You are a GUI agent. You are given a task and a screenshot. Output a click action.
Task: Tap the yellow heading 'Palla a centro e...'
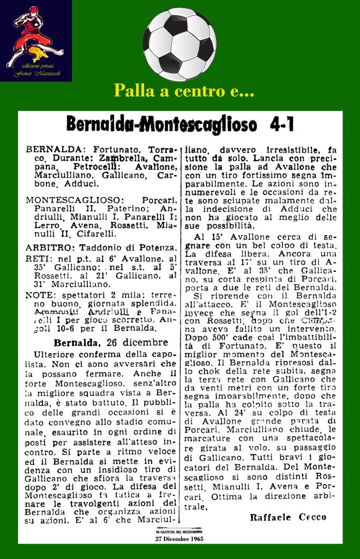click(184, 91)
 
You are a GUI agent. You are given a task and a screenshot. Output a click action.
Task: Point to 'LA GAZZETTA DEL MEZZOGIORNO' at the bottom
click(179, 531)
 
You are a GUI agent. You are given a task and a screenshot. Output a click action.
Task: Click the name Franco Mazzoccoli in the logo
click(34, 74)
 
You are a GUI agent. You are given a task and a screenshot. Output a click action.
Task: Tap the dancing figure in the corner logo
click(30, 35)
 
